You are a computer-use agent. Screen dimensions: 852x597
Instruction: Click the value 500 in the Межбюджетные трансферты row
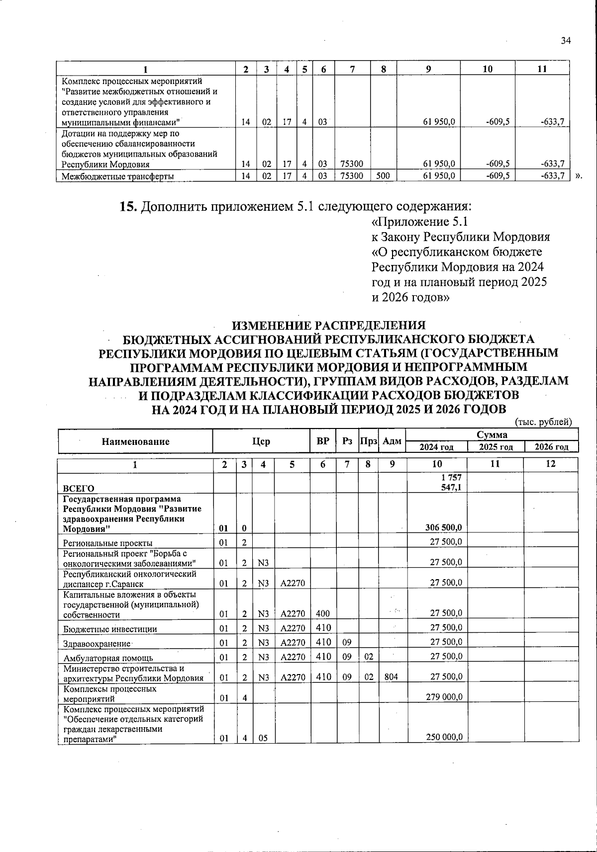[x=383, y=175]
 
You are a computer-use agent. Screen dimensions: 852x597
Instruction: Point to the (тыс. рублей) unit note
[x=543, y=422]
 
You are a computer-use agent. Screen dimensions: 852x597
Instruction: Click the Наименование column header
[x=135, y=441]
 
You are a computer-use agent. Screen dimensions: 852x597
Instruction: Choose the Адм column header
[x=393, y=441]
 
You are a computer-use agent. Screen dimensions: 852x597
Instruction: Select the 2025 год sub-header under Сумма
[x=496, y=447]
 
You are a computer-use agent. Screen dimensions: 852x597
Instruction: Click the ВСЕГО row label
[x=79, y=488]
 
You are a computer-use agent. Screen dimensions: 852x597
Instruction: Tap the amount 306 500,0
[x=443, y=527]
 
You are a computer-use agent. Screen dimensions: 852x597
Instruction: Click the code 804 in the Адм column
[x=391, y=677]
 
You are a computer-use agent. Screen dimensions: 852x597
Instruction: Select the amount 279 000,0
[x=444, y=697]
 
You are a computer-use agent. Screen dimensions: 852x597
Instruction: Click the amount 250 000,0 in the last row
[x=444, y=737]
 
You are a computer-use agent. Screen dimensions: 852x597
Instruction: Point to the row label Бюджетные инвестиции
[x=110, y=629]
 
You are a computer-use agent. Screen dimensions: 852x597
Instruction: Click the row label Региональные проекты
[x=108, y=543]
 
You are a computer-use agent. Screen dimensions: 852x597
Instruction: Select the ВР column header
[x=323, y=441]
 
